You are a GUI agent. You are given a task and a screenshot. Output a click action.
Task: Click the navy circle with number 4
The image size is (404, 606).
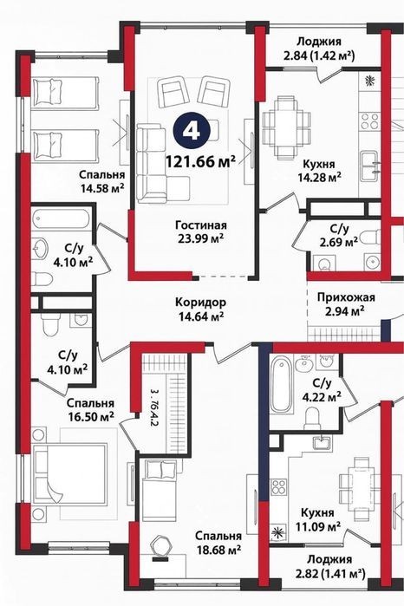click(x=192, y=132)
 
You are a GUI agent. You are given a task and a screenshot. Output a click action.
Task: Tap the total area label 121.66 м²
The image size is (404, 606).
click(x=200, y=161)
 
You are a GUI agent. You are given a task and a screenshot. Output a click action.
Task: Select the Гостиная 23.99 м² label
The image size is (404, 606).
click(x=201, y=231)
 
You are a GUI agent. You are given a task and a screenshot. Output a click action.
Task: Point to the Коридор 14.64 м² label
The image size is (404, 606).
click(x=201, y=310)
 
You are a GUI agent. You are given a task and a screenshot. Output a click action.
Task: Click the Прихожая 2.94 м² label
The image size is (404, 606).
click(x=346, y=303)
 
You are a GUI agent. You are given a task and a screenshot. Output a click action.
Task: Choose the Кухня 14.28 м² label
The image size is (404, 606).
click(x=319, y=171)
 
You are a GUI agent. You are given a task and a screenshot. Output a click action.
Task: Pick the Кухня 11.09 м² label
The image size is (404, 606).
click(x=318, y=519)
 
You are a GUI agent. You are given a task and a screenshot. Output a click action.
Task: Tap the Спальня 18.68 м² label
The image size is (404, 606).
click(x=218, y=543)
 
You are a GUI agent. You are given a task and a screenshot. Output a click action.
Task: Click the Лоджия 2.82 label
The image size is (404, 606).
click(x=329, y=566)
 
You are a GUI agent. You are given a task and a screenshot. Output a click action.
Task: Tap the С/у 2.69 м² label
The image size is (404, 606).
click(x=338, y=236)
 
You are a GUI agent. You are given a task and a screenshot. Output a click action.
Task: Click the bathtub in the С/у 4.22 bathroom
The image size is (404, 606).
click(x=281, y=387)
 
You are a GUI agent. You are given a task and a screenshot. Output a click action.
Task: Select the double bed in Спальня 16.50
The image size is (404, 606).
click(x=69, y=474)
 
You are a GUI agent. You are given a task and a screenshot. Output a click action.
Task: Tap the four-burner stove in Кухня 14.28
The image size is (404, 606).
click(x=369, y=121)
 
